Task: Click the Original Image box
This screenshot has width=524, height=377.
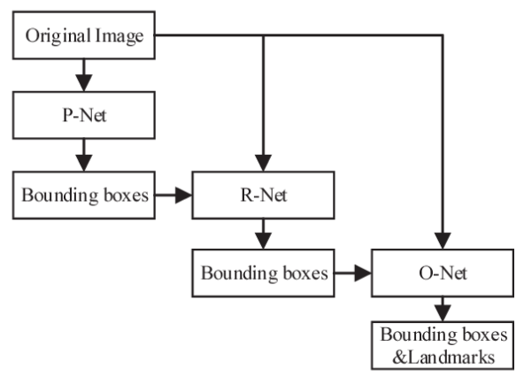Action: coord(84,36)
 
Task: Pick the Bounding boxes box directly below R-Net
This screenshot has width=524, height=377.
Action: coord(263,273)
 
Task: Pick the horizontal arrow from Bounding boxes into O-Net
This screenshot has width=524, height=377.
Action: coord(353,273)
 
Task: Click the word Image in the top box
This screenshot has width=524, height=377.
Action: coord(119,36)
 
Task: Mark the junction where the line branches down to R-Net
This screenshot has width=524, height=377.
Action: coord(263,36)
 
